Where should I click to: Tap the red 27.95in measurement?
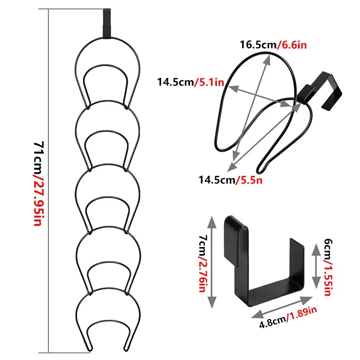[38, 200]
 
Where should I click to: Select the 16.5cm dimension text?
[258, 45]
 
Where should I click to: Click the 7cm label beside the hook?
[203, 243]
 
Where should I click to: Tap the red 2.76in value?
[202, 274]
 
